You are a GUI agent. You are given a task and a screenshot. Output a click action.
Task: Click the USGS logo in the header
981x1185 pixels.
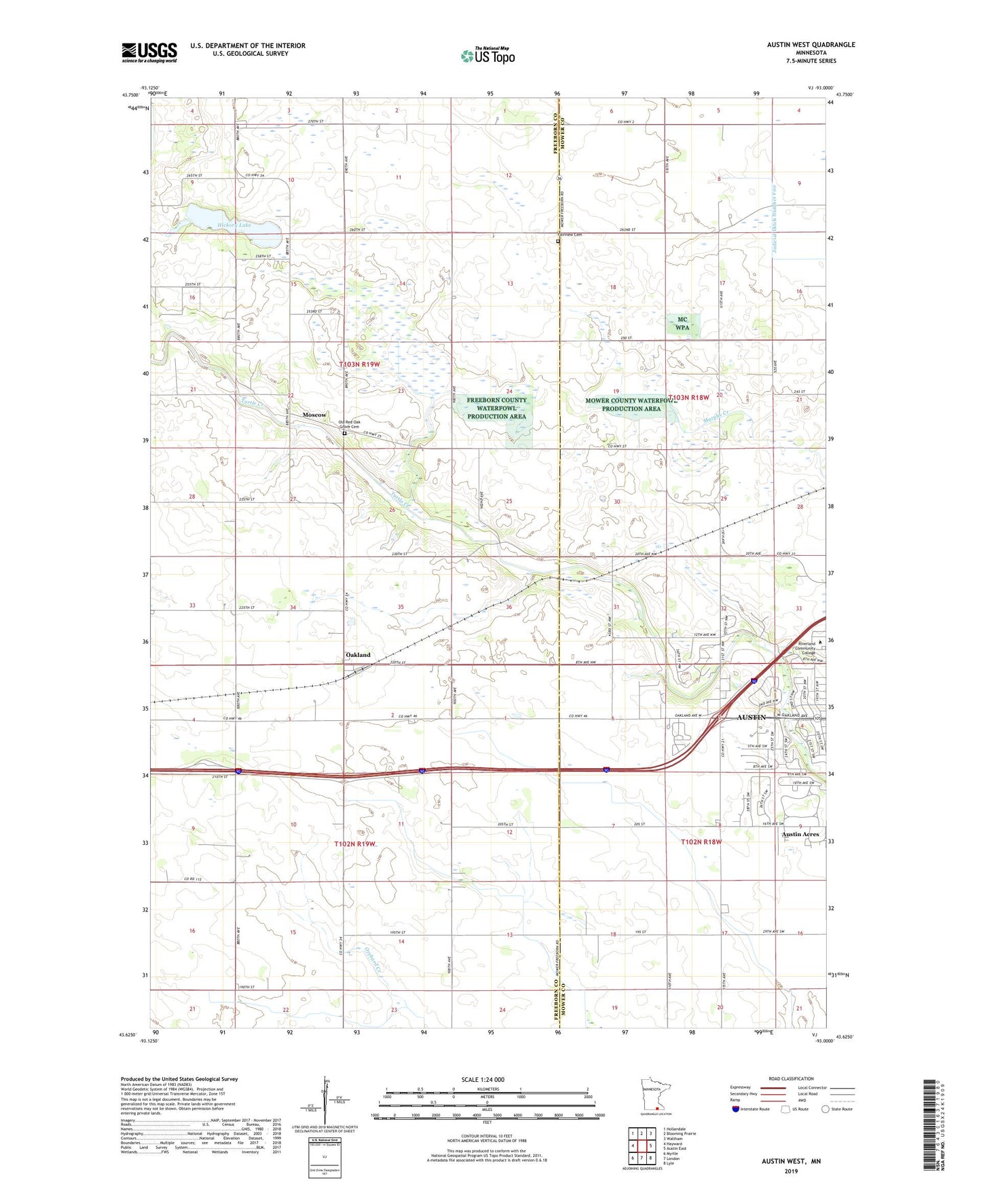point(149,52)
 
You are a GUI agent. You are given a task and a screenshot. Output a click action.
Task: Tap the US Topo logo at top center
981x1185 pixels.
point(487,55)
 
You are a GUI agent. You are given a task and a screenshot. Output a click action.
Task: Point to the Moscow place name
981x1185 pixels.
point(314,415)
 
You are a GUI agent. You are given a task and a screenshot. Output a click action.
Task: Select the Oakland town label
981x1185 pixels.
point(358,655)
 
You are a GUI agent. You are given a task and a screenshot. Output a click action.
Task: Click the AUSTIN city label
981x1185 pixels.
point(752,717)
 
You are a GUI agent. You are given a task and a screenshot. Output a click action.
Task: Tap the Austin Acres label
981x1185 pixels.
point(800,834)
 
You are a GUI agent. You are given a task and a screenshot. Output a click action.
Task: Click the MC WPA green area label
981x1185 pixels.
point(682,324)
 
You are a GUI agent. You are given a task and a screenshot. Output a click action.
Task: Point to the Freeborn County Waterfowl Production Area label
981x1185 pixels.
point(496,408)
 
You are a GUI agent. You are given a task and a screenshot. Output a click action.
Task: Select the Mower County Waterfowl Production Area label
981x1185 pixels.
point(631,405)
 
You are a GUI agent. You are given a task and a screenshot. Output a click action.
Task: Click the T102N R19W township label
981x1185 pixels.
point(355,844)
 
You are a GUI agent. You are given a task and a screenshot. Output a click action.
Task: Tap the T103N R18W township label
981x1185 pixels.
point(689,398)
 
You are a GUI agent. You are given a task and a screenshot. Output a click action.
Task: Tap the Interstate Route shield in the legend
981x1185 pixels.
point(737,1109)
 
